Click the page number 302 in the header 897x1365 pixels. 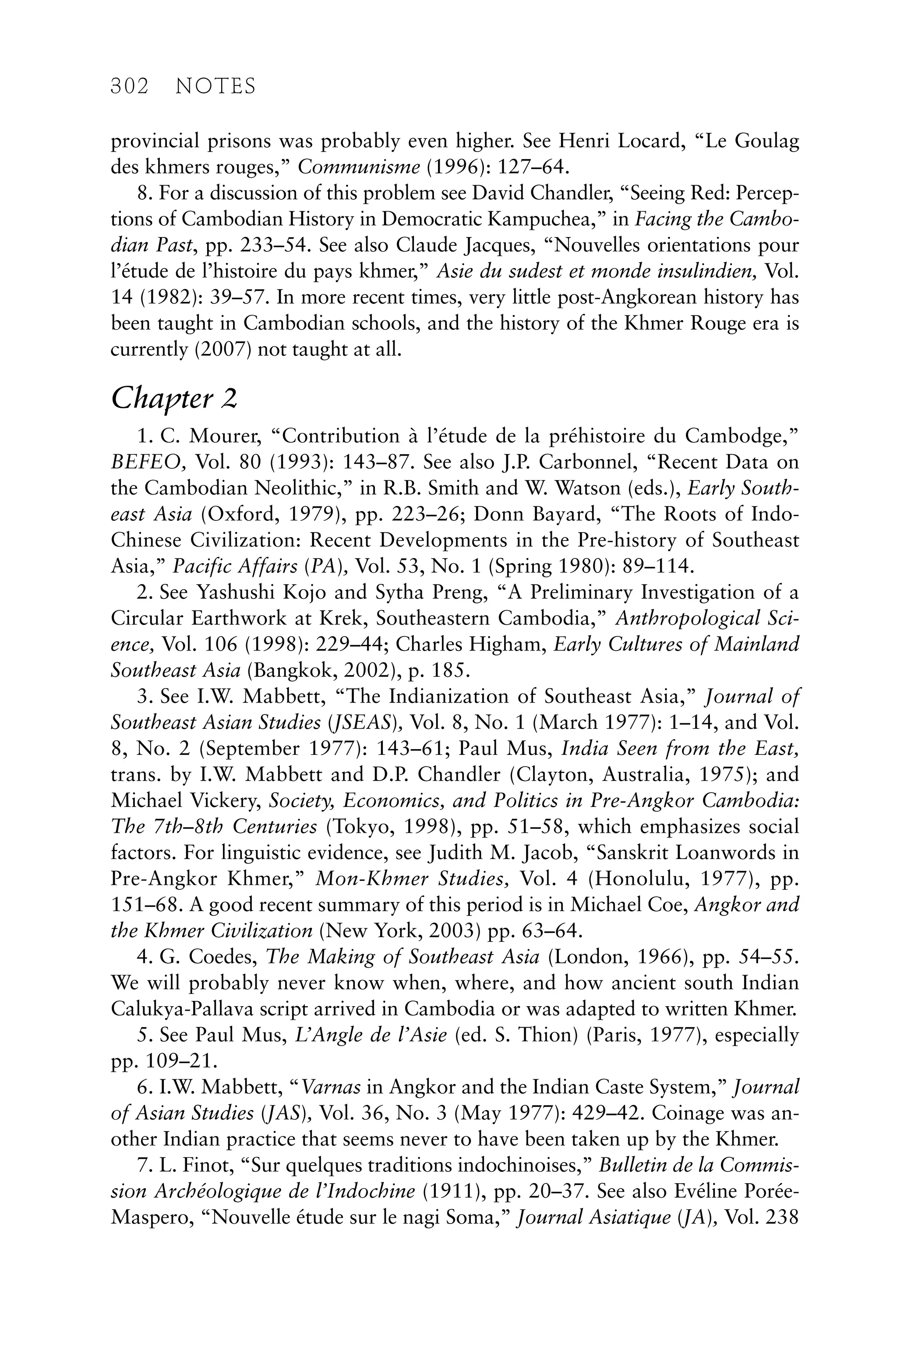(129, 87)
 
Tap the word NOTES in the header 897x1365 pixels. (215, 87)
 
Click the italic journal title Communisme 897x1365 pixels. (359, 167)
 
